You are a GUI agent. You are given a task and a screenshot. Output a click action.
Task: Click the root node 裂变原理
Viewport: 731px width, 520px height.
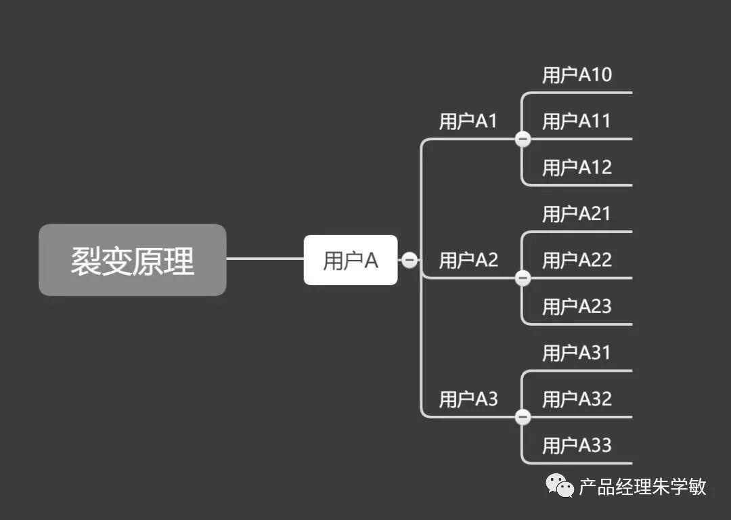click(132, 260)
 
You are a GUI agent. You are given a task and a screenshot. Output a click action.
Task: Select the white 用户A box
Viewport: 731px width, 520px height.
click(350, 260)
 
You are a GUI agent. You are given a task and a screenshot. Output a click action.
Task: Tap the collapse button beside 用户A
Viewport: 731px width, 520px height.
click(409, 260)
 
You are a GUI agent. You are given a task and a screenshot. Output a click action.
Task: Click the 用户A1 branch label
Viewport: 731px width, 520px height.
click(468, 121)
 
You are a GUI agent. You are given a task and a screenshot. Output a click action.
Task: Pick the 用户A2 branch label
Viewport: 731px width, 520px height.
click(468, 260)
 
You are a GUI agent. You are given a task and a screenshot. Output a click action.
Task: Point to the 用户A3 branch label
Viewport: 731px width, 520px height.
click(468, 399)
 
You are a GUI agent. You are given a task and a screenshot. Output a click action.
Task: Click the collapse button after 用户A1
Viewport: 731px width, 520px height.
click(523, 139)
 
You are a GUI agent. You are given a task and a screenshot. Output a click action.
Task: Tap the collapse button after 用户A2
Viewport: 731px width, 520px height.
click(523, 278)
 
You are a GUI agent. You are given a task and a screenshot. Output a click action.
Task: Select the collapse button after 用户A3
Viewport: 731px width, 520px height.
click(523, 417)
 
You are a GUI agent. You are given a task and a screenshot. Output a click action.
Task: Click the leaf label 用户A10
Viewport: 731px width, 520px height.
click(577, 75)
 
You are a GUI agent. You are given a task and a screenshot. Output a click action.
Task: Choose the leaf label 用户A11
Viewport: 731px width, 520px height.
click(577, 121)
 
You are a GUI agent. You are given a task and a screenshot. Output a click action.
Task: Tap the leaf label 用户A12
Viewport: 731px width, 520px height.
click(577, 167)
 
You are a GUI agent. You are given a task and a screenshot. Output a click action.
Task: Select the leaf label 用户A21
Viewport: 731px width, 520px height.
click(577, 214)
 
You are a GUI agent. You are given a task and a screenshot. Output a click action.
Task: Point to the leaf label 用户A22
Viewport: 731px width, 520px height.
click(577, 260)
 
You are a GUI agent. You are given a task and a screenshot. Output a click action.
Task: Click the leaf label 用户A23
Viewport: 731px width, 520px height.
click(577, 307)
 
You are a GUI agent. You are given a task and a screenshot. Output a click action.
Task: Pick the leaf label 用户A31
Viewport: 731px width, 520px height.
click(577, 353)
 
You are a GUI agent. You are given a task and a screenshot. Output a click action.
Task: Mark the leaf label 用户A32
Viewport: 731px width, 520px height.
click(577, 399)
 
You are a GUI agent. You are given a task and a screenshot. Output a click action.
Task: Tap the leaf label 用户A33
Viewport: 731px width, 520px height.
click(577, 446)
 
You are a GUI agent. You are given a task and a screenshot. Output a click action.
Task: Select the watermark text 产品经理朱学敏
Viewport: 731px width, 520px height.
click(642, 487)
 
